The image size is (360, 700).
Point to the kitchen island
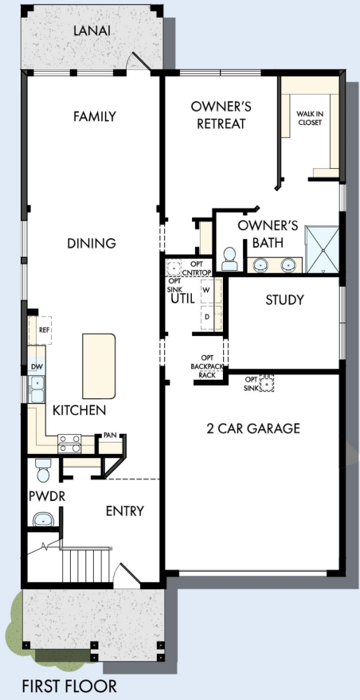[x=99, y=360]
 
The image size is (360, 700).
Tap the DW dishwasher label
[x=35, y=367]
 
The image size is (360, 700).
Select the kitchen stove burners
[x=69, y=439]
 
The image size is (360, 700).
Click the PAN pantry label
[x=110, y=436]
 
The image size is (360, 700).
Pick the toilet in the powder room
[x=44, y=470]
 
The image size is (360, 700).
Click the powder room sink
[x=43, y=519]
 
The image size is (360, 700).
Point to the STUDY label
[x=284, y=300]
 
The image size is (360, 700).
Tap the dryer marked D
[x=207, y=316]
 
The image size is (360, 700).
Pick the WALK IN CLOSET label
[x=310, y=119]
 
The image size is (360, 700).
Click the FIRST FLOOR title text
[x=69, y=686]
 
